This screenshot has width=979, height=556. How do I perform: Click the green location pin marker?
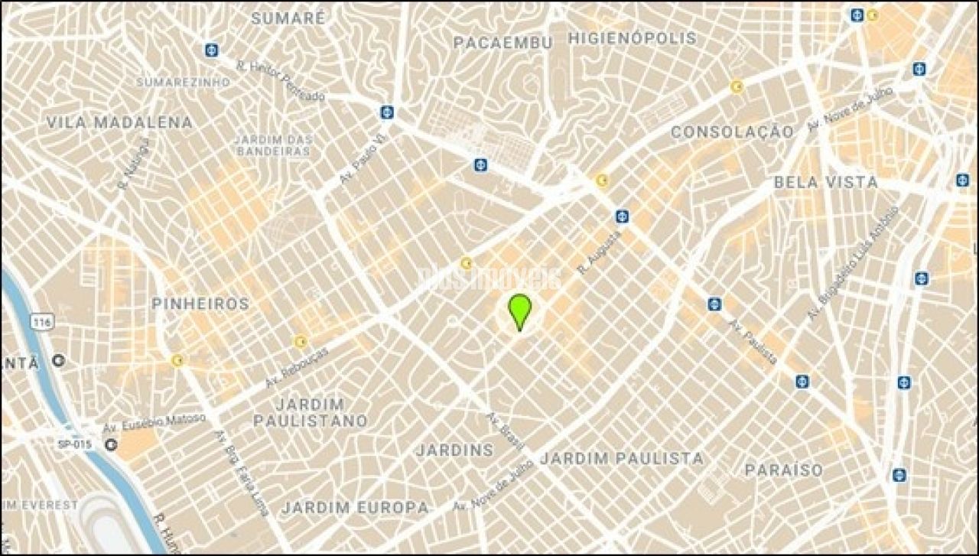pos(519,309)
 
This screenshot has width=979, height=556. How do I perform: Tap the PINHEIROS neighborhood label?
pos(200,304)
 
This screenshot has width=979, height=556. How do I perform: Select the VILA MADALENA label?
pos(119,122)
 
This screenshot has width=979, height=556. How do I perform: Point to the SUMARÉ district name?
pos(288,18)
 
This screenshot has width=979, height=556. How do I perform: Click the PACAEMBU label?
pos(503,43)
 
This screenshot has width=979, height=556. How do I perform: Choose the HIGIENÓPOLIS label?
pos(633,38)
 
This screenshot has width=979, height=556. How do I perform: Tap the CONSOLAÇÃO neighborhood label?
pos(732,132)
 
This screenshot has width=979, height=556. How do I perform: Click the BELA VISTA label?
pos(826,183)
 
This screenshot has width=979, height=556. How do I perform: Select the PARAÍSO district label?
pos(784,470)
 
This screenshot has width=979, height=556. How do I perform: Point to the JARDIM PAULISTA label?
pos(622,458)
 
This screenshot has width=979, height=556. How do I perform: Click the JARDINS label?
pos(454,450)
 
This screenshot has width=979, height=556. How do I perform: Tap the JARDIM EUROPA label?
pos(355,507)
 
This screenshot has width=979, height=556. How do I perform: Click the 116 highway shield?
pos(44,324)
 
